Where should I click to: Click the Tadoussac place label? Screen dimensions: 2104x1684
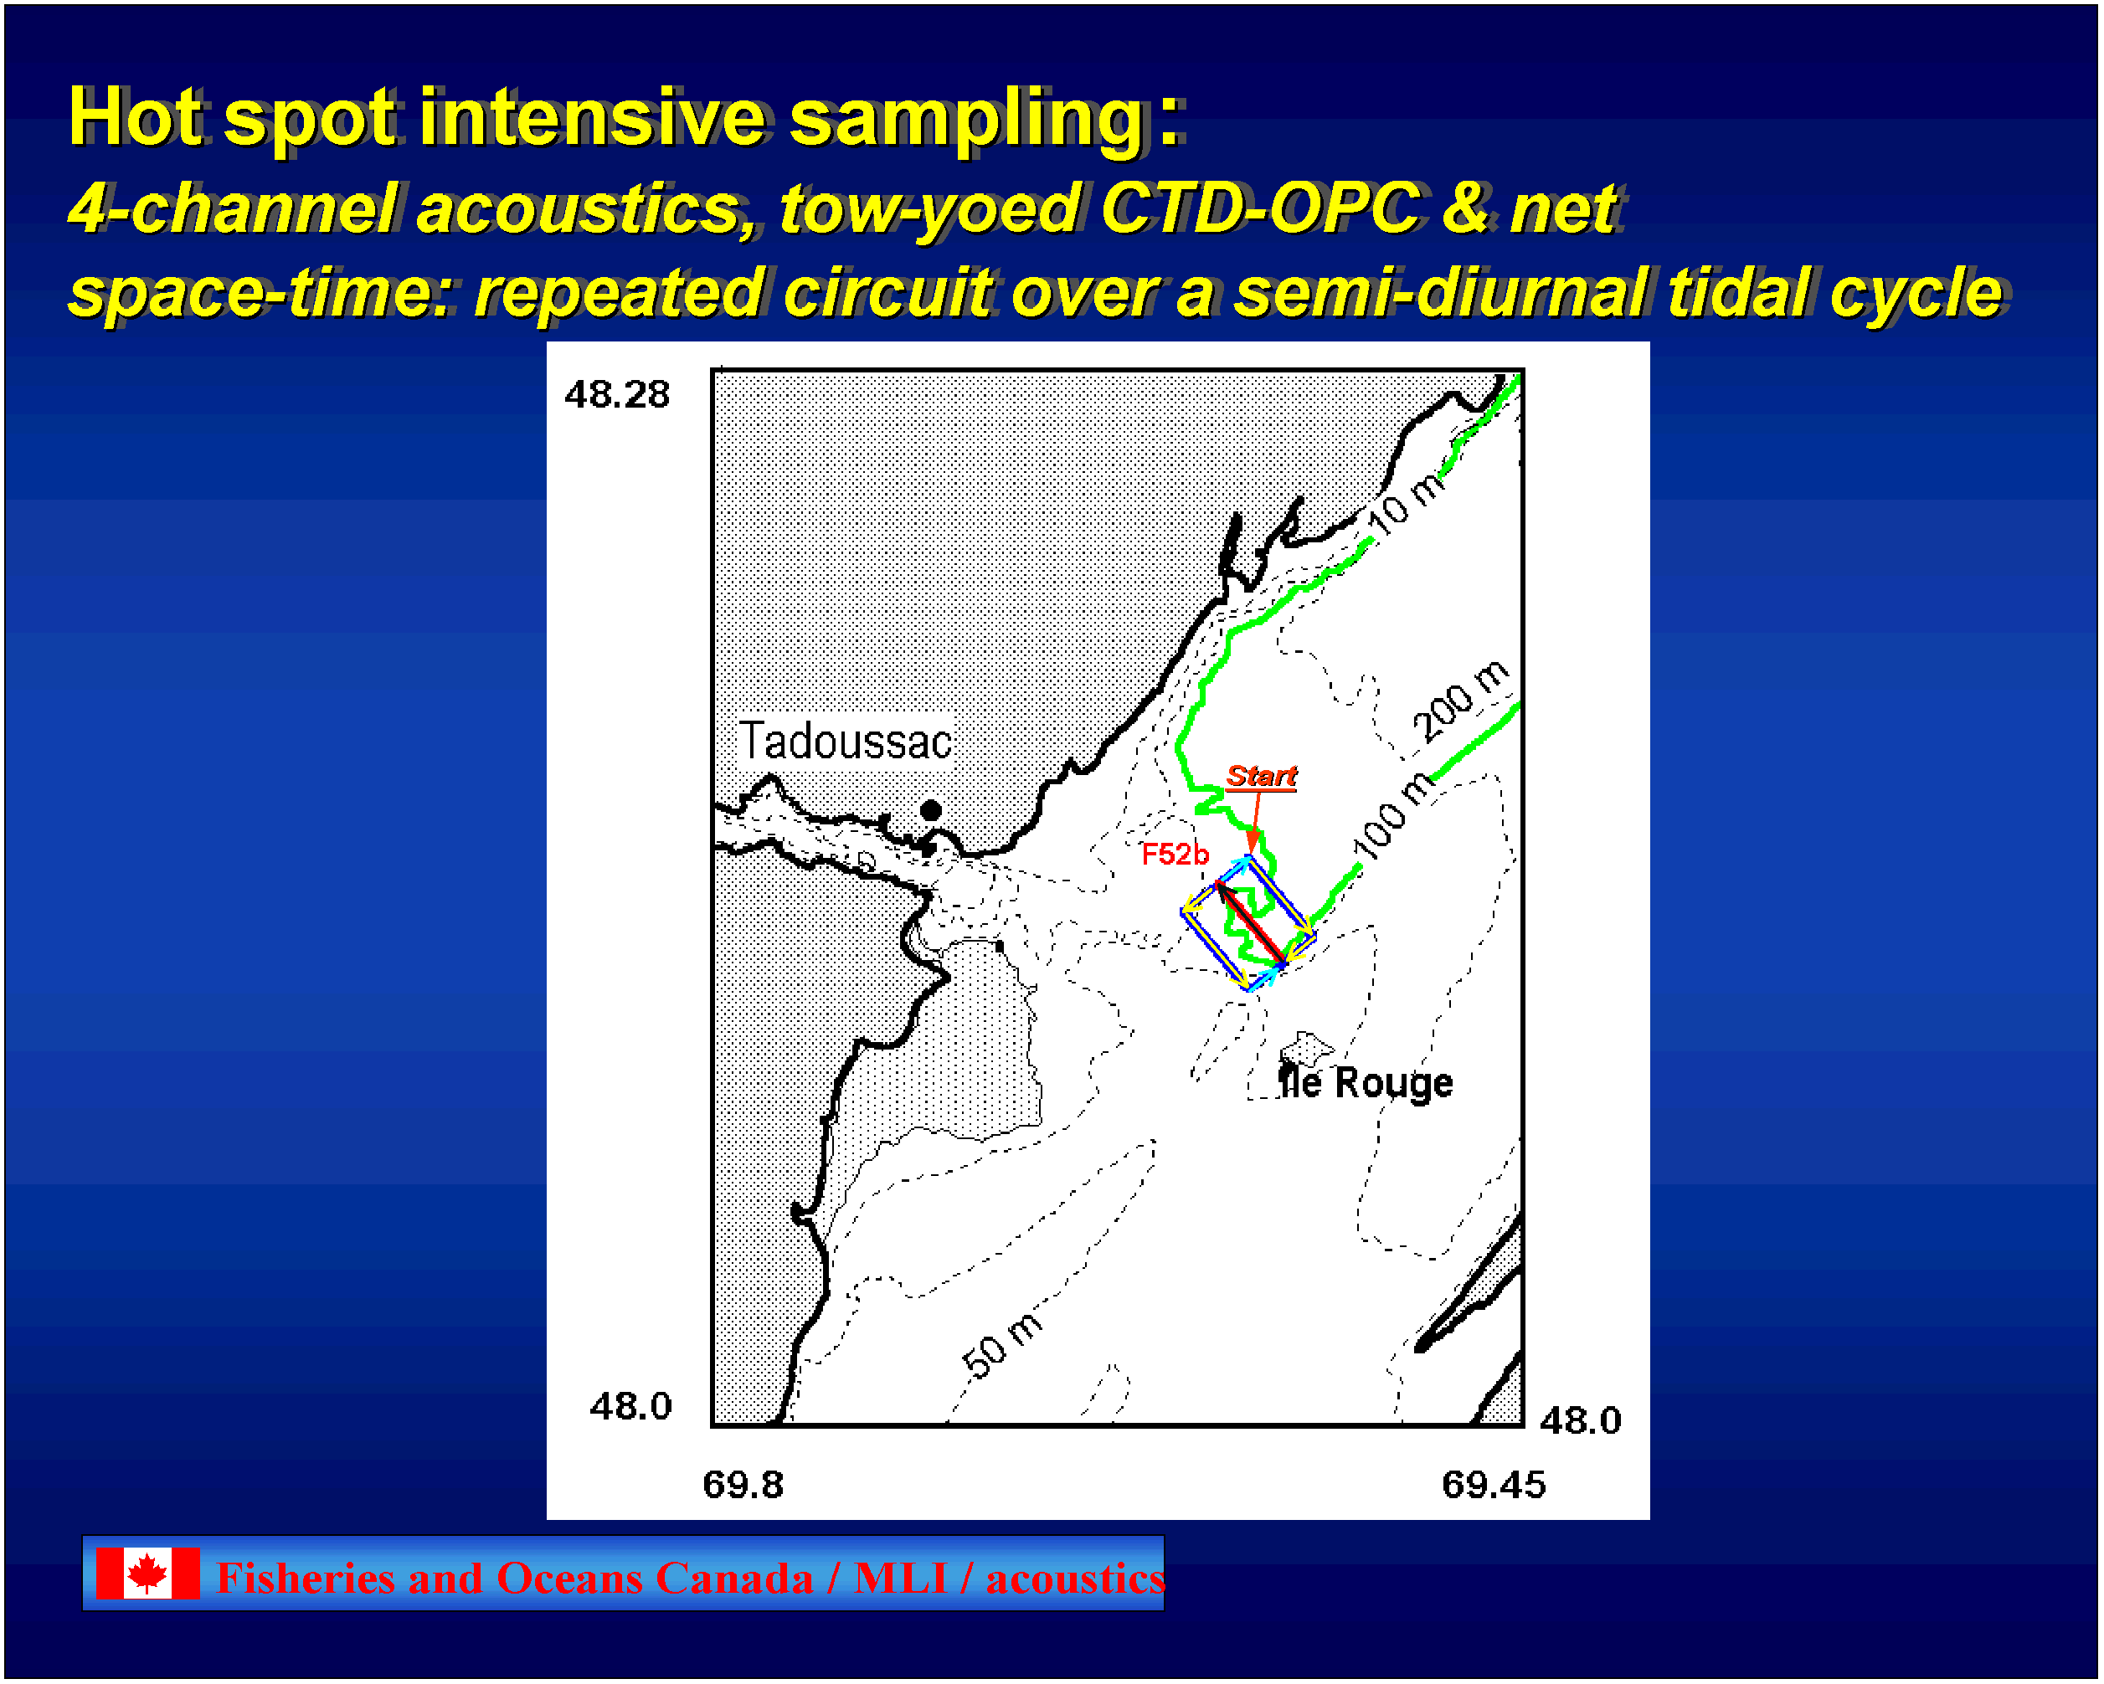(845, 742)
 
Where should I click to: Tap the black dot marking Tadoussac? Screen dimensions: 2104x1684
(931, 811)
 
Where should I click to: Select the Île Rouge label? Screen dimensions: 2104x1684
(1366, 1083)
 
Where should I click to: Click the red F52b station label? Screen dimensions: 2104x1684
(1175, 855)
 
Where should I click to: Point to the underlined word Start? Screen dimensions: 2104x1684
(1261, 777)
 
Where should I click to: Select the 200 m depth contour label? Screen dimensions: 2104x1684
(1461, 701)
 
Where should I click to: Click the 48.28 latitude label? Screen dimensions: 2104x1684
(618, 394)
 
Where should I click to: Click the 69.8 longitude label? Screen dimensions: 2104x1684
(743, 1485)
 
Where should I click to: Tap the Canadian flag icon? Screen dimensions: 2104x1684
(148, 1573)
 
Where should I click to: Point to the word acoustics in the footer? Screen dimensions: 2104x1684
(1074, 1579)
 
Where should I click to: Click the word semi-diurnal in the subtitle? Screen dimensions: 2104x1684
(1440, 293)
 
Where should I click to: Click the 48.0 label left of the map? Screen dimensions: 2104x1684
(630, 1406)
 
